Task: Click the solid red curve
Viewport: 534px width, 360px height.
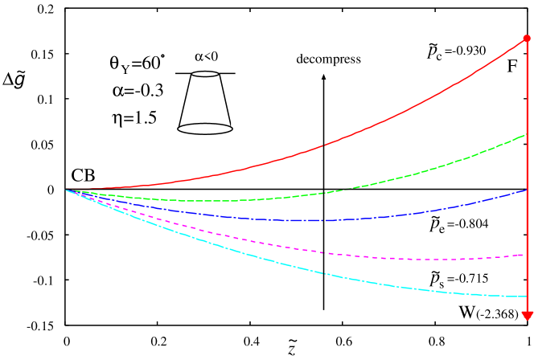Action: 322,146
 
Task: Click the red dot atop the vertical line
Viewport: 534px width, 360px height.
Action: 527,38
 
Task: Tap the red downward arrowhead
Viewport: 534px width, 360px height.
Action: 527,315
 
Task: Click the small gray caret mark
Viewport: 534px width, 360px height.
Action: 323,77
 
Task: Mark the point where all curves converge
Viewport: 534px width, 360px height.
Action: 66,190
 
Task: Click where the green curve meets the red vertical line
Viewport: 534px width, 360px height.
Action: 527,134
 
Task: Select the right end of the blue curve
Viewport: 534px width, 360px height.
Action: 526,190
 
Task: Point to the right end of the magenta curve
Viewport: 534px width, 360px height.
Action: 523,255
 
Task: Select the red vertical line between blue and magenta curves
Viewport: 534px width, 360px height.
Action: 527,223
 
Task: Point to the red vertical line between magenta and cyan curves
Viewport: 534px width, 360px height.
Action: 527,276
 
